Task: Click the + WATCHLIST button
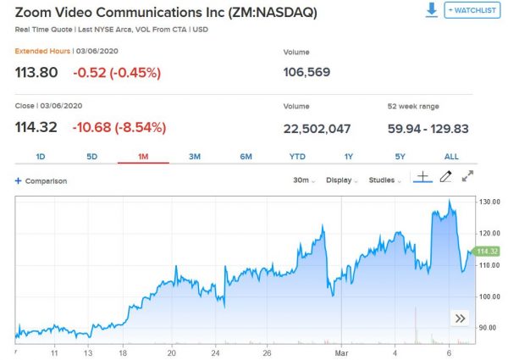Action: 472,11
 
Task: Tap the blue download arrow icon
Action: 431,10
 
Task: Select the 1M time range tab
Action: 141,157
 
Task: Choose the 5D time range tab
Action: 92,157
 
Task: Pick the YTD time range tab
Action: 297,157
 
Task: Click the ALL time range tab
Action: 451,157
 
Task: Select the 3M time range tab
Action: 195,157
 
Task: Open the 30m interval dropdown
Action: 304,180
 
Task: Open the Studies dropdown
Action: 387,180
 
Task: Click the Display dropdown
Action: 343,180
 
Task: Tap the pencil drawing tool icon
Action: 446,177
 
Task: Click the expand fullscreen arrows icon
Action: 468,177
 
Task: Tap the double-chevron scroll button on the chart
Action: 460,318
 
